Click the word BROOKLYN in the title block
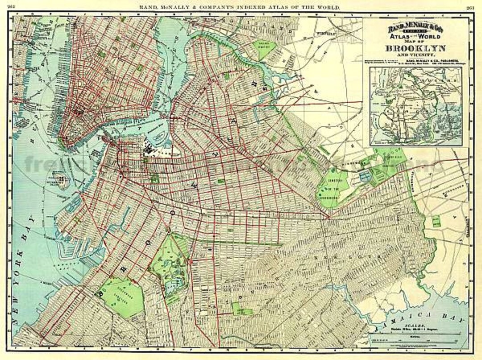(415, 48)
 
